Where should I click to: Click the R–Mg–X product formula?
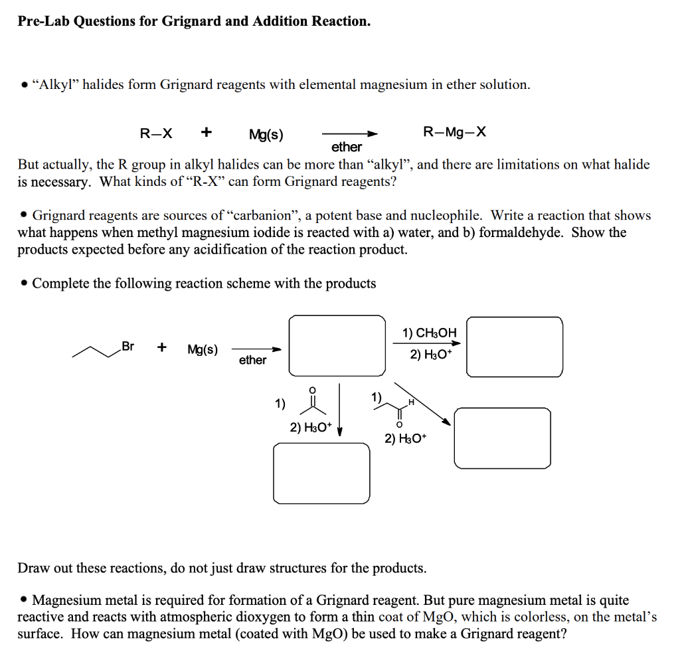454,132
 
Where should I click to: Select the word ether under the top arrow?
347,147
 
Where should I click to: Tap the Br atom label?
128,346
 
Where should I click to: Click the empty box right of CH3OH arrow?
515,347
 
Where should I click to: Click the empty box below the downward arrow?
322,473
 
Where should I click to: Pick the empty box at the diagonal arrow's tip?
502,437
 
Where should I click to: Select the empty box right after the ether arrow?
337,346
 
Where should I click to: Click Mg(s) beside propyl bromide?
203,349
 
